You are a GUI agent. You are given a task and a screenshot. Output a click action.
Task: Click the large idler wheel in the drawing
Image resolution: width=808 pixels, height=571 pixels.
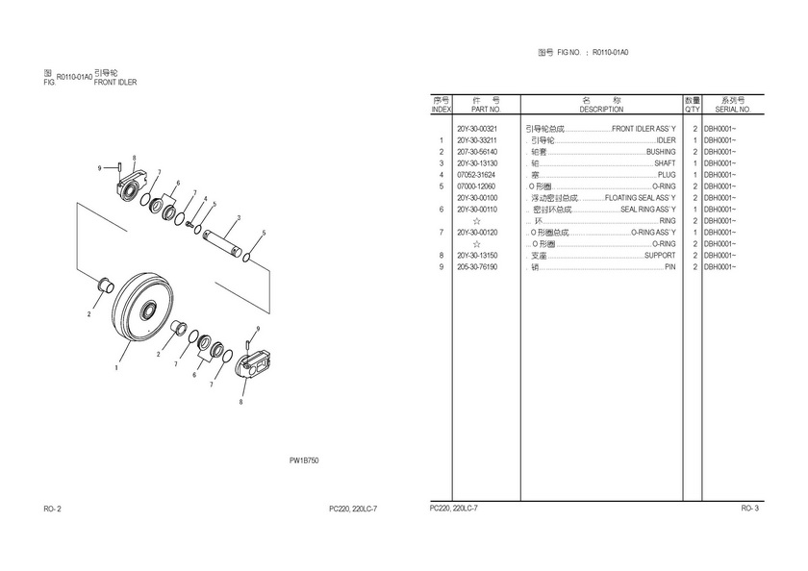(x=142, y=307)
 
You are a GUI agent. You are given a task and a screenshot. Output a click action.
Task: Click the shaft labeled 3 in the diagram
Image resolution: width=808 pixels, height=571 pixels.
(x=222, y=242)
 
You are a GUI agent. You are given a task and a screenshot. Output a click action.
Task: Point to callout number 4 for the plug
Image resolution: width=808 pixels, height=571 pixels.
(x=205, y=199)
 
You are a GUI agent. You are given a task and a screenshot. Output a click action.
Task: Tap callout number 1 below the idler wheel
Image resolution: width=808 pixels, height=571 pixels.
(x=116, y=367)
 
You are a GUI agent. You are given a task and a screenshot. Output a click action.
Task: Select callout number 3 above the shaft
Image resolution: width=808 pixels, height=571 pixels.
(x=239, y=218)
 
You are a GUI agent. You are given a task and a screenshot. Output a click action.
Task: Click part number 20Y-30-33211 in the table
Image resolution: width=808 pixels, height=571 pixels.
(x=477, y=140)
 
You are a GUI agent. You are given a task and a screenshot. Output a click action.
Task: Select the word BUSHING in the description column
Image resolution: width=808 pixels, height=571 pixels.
(x=661, y=152)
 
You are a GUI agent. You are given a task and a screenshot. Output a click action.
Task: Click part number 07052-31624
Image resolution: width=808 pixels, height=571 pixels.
(x=476, y=175)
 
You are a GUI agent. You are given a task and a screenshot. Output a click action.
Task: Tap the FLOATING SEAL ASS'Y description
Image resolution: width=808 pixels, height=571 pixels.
(x=640, y=198)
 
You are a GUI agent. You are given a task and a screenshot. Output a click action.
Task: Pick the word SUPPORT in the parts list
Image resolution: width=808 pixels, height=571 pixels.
(x=660, y=256)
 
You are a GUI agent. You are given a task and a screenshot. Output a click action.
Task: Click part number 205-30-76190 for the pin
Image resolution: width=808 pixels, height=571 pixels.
(x=477, y=267)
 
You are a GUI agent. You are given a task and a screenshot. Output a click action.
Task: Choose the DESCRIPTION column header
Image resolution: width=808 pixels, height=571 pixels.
(x=601, y=110)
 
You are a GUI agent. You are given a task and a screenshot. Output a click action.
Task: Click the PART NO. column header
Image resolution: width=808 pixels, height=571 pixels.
(x=486, y=110)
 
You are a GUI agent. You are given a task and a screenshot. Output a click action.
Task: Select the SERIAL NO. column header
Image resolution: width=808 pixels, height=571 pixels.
(x=733, y=110)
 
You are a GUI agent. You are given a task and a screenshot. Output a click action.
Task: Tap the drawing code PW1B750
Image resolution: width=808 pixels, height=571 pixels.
(x=304, y=460)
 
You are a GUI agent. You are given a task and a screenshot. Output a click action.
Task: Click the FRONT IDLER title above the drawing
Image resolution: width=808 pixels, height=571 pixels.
(x=115, y=83)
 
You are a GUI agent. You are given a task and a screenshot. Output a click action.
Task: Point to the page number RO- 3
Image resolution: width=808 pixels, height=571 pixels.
(x=749, y=509)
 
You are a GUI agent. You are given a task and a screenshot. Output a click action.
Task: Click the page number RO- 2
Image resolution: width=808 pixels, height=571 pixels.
(x=53, y=509)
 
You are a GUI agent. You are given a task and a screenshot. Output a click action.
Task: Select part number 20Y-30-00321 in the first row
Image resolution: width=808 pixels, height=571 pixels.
(x=477, y=129)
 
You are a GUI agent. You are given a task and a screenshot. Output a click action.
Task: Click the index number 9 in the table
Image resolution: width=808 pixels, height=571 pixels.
(x=442, y=267)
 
